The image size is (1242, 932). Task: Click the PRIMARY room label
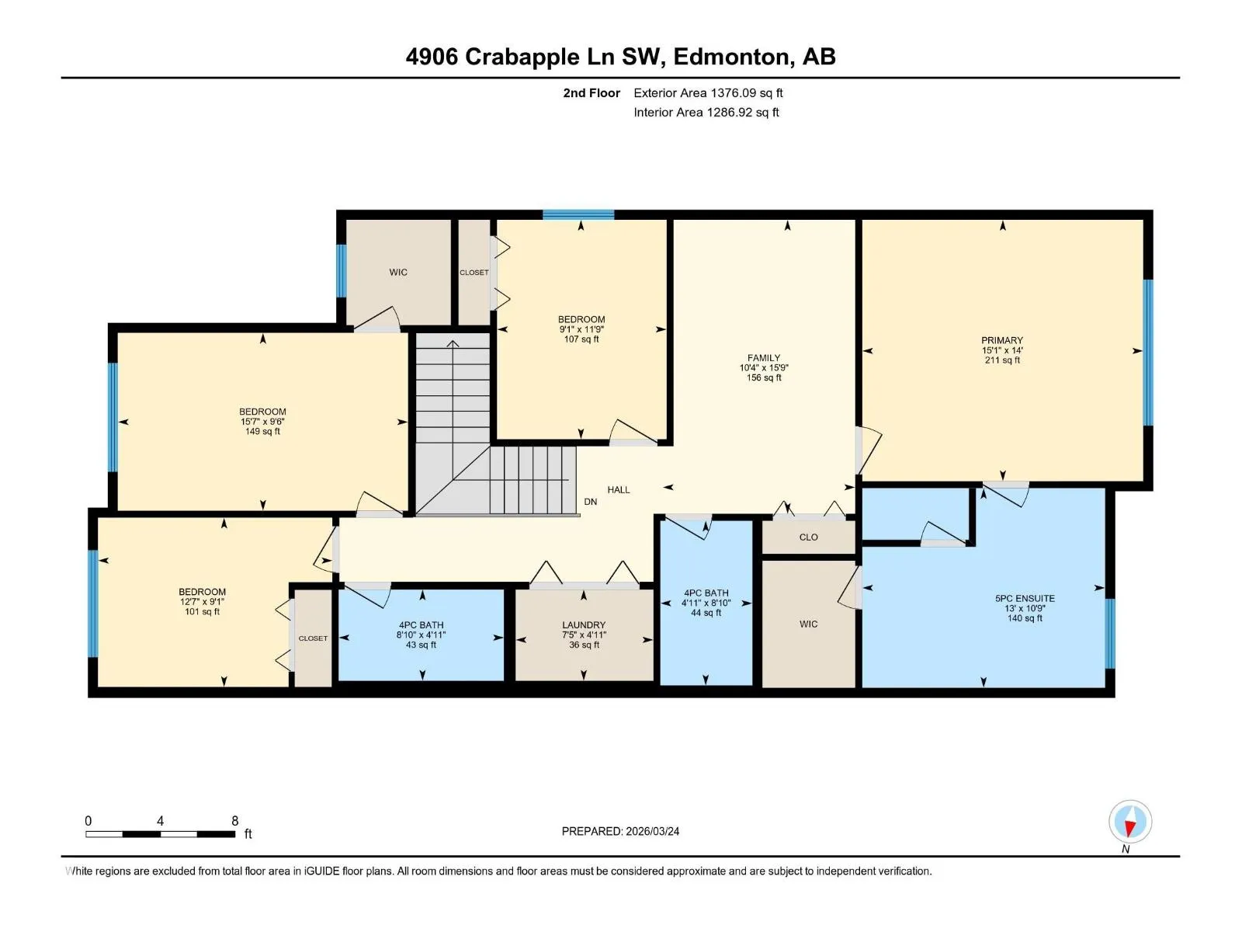(1001, 340)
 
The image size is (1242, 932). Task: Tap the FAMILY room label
(763, 357)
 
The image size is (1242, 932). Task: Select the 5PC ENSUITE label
(1025, 598)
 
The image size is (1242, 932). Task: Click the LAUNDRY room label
(584, 624)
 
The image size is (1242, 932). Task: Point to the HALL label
(619, 489)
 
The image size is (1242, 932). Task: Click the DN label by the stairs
(590, 502)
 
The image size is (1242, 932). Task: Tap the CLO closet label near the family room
(808, 537)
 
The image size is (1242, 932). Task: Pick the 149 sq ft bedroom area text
(262, 431)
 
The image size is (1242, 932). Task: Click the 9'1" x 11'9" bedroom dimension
(581, 329)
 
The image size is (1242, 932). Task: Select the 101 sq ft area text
(202, 611)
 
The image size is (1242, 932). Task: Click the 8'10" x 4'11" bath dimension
(421, 635)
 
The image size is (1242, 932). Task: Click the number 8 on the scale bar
(235, 820)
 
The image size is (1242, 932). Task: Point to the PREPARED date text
(620, 831)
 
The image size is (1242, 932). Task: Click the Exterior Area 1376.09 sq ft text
(708, 92)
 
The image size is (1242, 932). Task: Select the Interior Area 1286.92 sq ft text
(706, 112)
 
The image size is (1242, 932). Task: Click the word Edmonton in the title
(732, 57)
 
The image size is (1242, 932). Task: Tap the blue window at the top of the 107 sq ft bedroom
(578, 214)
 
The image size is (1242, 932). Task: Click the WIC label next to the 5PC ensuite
(808, 624)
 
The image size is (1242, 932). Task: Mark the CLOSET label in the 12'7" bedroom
(313, 638)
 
